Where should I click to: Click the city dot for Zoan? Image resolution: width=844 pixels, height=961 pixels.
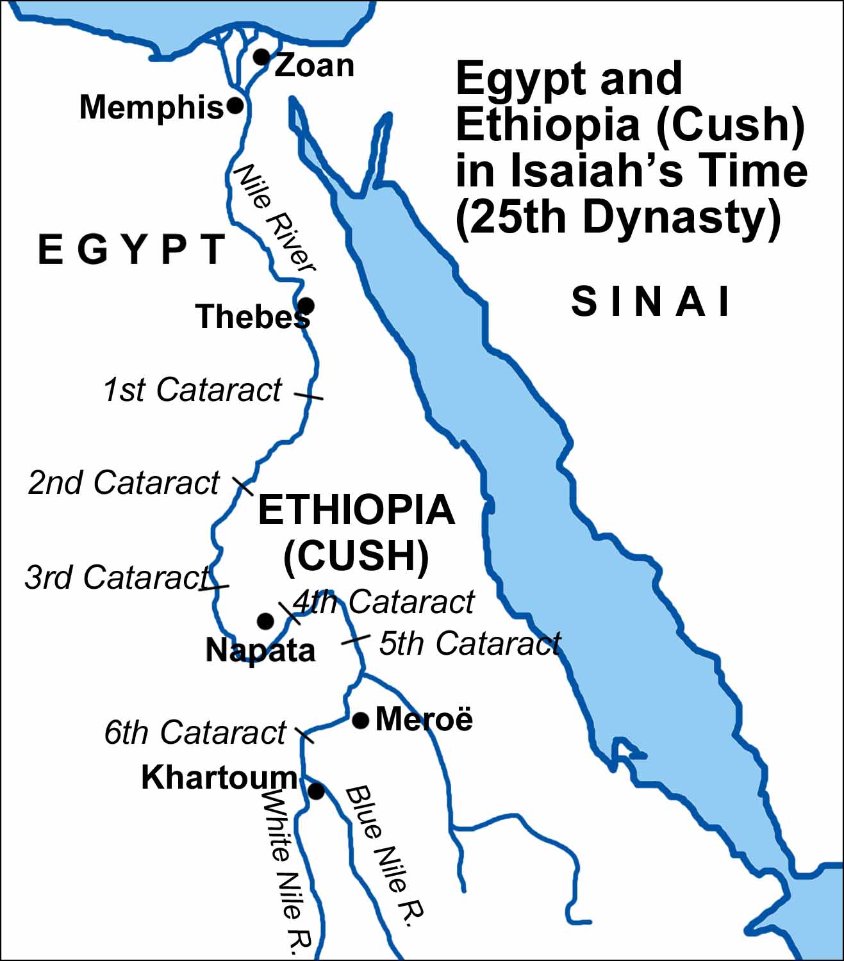point(261,57)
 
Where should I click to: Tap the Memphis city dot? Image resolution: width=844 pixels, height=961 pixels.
point(235,105)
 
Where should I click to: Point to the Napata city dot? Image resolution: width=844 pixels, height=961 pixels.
point(265,621)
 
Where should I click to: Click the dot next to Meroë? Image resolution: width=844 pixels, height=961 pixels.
point(361,721)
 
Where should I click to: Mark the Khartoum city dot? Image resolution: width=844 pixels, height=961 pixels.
point(316,791)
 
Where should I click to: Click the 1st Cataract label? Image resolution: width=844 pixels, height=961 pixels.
point(192,390)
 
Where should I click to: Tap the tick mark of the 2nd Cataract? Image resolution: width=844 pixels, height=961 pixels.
point(242,486)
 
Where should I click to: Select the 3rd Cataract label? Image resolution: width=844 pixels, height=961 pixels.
point(117,577)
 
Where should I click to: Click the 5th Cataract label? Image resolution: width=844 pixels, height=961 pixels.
point(470,643)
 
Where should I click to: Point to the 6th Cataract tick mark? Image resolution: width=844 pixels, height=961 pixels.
point(304,734)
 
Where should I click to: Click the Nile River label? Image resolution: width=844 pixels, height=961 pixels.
point(274,218)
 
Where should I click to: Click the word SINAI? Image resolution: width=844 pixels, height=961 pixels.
point(650,302)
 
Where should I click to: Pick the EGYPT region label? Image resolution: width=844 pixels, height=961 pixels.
point(132,250)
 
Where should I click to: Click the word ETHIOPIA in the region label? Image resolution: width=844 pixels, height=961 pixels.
point(356,510)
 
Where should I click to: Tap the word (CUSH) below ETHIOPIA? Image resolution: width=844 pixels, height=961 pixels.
point(356,555)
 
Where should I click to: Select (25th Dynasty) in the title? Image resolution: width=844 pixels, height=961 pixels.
point(618,218)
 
